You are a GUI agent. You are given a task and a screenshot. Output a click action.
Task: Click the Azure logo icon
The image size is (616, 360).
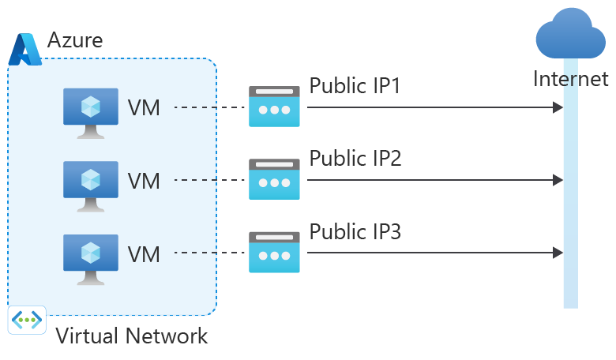coord(24,49)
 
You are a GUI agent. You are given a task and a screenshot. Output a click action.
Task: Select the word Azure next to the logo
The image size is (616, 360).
coord(75,39)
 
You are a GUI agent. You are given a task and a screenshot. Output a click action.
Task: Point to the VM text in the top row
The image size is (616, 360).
coord(144,107)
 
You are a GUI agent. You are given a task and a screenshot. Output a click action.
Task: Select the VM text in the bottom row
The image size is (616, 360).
coord(144,254)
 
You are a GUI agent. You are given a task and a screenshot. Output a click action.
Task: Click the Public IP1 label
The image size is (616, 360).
coord(355,85)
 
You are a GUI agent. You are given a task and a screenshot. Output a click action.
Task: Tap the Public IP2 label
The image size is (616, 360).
coord(355,159)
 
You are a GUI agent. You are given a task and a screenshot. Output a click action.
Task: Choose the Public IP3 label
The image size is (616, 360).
coord(355,232)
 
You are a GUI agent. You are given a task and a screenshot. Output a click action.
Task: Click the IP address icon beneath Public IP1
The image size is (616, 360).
coord(274,107)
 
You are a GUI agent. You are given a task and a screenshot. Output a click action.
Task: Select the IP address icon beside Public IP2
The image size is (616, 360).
coord(274,180)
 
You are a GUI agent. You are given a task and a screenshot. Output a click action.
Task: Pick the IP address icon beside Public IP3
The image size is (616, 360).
coord(274,253)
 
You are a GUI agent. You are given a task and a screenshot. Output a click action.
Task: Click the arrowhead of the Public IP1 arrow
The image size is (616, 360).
coord(558,107)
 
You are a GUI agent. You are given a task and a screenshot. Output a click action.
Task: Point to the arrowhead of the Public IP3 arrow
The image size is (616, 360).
coord(558,253)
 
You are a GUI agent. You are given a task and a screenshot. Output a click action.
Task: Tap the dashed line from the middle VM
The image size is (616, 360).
coord(208,181)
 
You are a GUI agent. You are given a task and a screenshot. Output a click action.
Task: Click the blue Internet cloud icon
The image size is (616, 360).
coord(570,36)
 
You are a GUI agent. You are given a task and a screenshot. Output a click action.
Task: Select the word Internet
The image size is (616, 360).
coord(571,79)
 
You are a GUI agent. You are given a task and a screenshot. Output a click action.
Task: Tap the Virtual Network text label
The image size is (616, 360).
coord(131,336)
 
